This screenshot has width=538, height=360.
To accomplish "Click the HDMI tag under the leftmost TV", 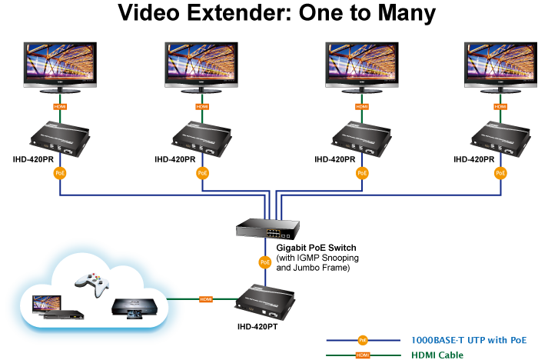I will (59, 106).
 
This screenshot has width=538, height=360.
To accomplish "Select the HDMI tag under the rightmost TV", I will (500, 106).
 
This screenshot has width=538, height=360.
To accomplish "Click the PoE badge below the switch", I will (264, 262).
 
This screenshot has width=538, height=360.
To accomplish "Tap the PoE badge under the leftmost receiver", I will (59, 173).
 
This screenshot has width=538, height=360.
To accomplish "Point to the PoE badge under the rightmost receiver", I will (500, 173).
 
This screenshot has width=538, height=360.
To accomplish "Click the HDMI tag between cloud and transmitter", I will (206, 298).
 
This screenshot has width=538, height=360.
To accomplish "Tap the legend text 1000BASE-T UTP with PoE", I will (469, 339).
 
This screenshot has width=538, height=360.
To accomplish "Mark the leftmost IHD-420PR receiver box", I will (59, 138).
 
